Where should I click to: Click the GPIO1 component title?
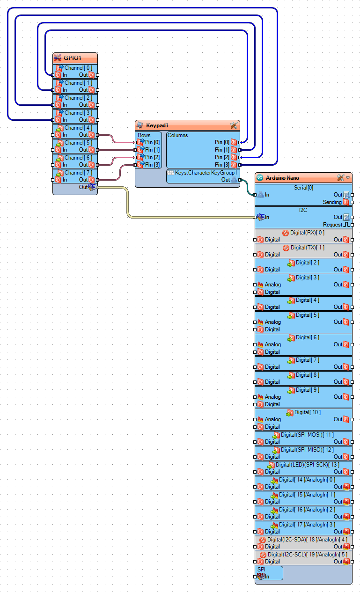tap(73, 58)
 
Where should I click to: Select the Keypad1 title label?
tap(157, 125)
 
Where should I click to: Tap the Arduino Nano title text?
tap(282, 178)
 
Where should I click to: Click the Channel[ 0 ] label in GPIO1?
tap(78, 68)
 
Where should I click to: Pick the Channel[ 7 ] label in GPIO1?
tap(78, 173)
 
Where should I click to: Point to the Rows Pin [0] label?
tap(152, 142)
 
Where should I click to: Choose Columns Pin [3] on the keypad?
tap(222, 165)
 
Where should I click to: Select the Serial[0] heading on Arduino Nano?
tap(303, 187)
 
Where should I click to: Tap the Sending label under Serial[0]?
tap(332, 202)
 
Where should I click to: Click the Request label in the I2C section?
tap(332, 225)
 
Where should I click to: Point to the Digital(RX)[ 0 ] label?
tap(307, 233)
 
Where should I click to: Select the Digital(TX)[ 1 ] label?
tap(307, 248)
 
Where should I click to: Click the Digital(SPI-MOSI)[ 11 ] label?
tap(307, 435)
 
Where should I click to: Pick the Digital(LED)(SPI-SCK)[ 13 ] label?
tap(307, 465)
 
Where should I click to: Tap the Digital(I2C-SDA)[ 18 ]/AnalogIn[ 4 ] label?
tap(307, 540)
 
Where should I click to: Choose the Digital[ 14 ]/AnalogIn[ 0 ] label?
tap(307, 480)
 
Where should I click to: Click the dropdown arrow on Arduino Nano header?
tap(348, 178)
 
